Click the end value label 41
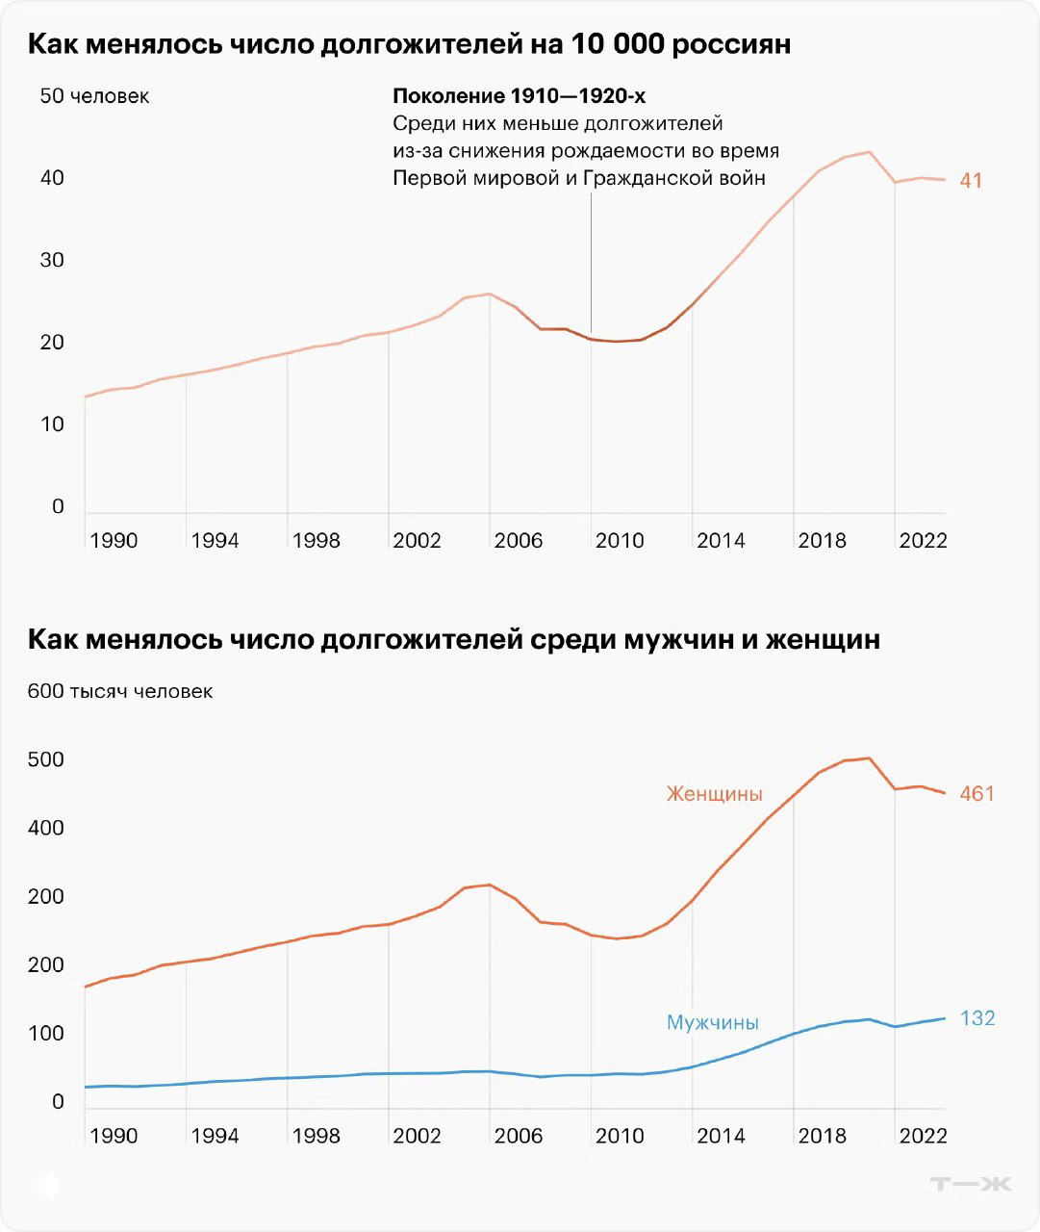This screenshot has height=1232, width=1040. pos(970,180)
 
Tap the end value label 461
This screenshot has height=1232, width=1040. pos(977,794)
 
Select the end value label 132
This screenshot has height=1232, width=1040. pos(977,1018)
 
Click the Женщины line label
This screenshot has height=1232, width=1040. pos(714,794)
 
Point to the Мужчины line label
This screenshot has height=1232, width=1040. pos(712,1022)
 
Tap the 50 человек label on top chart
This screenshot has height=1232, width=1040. pos(94,96)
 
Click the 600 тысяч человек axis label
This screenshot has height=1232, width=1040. pos(120,691)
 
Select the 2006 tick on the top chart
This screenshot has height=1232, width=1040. pos(518,541)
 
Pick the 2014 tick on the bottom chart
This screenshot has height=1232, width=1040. pos(721,1136)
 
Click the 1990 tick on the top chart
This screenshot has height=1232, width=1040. pos(113,541)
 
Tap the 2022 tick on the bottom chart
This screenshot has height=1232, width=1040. pos(923,1136)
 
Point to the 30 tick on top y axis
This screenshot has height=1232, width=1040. pos(52,261)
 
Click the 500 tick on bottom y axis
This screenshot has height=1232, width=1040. pos(45,759)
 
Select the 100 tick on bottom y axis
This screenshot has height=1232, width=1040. pos(45,1034)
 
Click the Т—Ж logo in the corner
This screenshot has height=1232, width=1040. pos(971,1184)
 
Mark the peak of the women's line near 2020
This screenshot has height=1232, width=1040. pos(869,758)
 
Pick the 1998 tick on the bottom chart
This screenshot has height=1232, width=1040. pos(316,1136)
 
